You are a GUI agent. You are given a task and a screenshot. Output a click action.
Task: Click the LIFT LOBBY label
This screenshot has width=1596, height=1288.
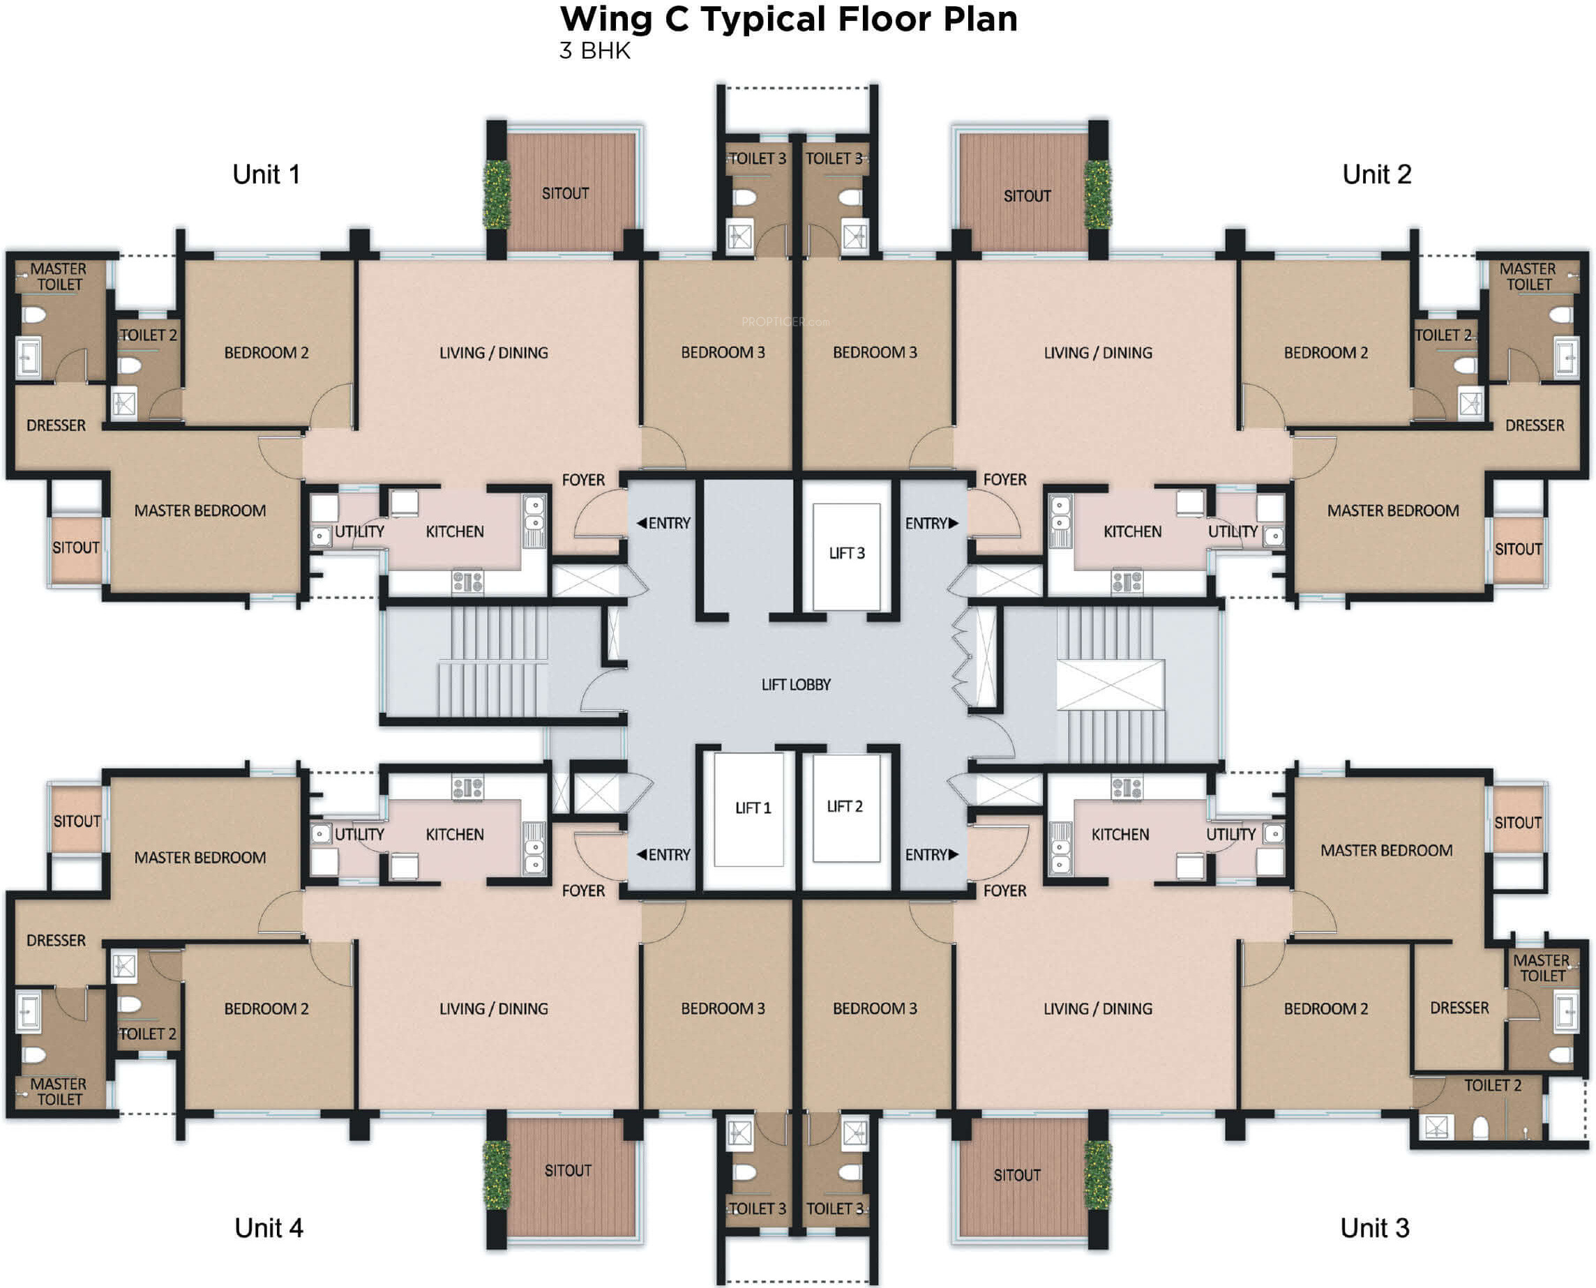click(795, 685)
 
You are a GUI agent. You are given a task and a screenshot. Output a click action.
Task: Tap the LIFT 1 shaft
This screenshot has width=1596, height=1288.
click(748, 810)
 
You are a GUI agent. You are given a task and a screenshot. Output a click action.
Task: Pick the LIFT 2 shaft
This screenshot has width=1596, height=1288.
click(846, 808)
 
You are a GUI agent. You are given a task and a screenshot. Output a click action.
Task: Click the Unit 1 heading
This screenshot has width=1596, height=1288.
click(266, 174)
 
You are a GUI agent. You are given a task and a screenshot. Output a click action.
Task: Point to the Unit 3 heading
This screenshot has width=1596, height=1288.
click(1374, 1228)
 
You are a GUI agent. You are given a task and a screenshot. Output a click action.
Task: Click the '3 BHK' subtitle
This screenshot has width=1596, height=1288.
click(595, 50)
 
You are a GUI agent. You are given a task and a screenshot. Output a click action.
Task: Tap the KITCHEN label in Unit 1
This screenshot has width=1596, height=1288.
click(454, 531)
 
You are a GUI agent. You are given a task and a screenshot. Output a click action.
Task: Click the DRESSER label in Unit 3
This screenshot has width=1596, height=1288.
click(1459, 1008)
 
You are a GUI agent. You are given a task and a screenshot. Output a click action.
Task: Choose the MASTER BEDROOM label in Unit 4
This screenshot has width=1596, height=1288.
click(200, 857)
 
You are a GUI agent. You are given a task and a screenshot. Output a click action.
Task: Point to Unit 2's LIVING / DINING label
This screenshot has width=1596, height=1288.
click(1098, 352)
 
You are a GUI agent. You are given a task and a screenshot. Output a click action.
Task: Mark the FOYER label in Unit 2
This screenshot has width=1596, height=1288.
click(1004, 479)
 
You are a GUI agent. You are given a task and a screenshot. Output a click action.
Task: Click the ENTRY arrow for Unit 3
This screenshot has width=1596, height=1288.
click(954, 855)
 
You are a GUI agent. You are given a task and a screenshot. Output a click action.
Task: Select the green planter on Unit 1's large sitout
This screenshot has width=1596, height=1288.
click(497, 195)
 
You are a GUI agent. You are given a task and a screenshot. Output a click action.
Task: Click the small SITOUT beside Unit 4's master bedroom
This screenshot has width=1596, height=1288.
click(77, 821)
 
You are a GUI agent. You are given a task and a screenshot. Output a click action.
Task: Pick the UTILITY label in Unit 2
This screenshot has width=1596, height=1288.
click(1233, 531)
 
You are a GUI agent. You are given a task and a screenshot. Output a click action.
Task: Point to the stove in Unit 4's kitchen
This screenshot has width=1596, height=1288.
click(467, 788)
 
